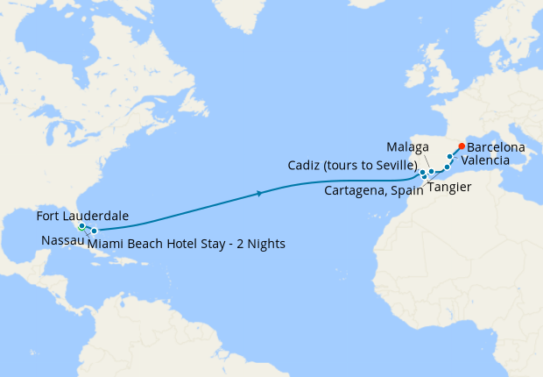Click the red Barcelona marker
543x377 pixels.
[x=462, y=146]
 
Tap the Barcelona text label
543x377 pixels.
[x=496, y=148]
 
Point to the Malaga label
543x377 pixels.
[x=408, y=146]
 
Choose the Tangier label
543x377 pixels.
[x=450, y=188]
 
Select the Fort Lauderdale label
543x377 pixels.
[x=83, y=216]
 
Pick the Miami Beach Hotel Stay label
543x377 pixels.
[x=187, y=243]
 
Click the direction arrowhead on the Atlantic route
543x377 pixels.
[x=260, y=193]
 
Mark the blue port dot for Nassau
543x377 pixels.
[x=94, y=231]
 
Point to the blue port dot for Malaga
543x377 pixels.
[x=431, y=171]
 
